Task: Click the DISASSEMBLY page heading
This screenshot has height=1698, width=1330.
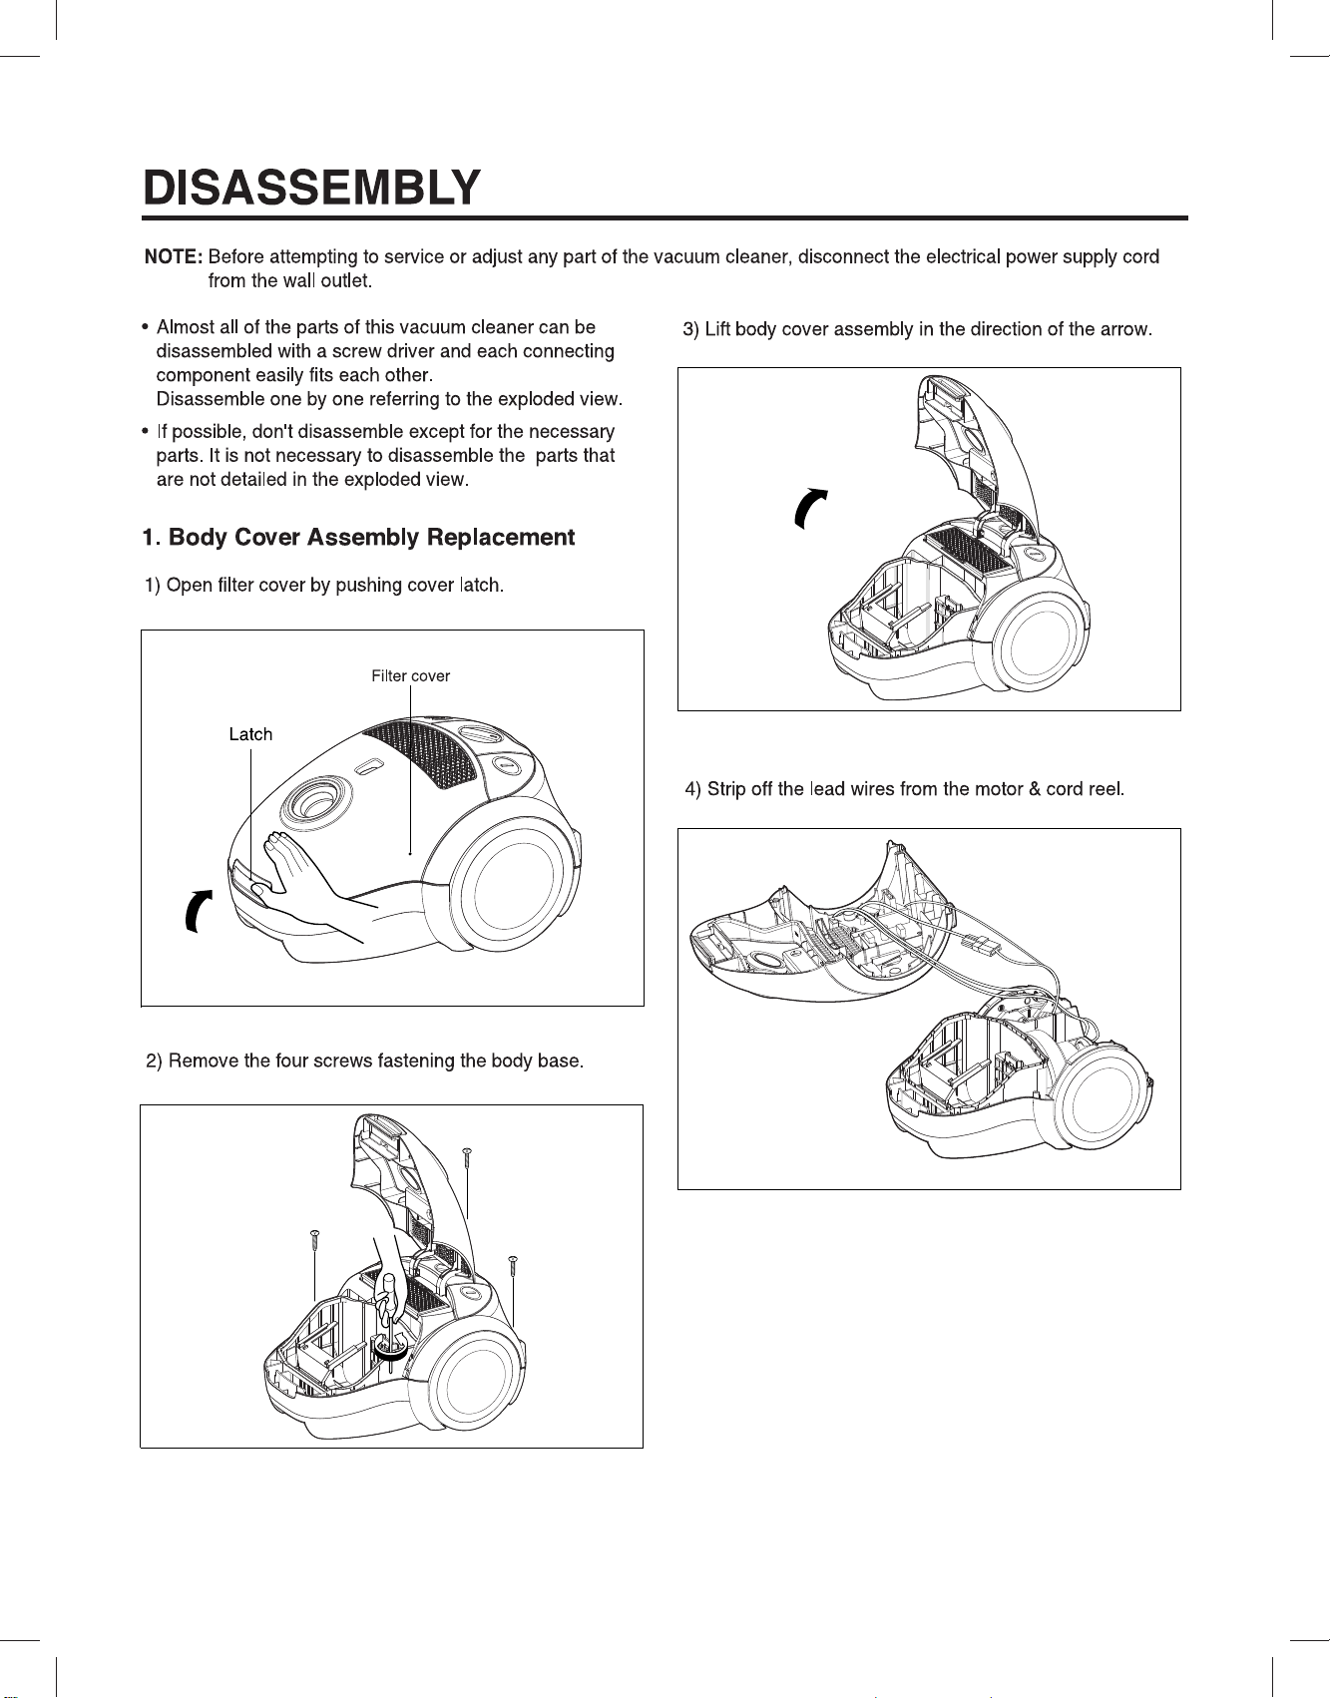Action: click(311, 188)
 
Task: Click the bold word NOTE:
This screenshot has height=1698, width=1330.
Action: click(174, 256)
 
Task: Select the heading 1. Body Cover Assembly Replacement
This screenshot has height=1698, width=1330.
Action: click(358, 538)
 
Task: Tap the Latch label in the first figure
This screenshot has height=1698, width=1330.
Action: click(250, 734)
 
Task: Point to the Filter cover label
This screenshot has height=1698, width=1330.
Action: click(410, 676)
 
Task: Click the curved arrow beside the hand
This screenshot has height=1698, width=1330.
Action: click(198, 910)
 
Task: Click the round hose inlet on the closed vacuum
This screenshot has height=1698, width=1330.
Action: click(314, 800)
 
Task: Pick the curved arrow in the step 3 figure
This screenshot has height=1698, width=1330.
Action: click(808, 507)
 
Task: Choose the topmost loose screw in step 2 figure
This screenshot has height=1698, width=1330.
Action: click(466, 1158)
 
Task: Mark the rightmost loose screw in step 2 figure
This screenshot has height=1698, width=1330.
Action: click(513, 1266)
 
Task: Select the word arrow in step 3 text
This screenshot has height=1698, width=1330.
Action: click(1121, 329)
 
